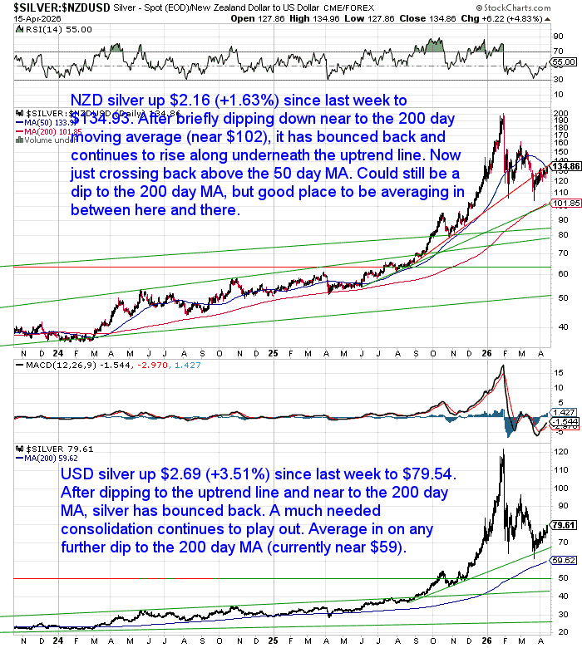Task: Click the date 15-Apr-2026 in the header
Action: (x=24, y=18)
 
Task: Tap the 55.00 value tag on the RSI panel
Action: (x=564, y=62)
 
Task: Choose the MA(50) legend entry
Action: (x=50, y=122)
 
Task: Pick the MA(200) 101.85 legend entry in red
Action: (x=52, y=131)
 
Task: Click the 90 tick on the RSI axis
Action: (x=559, y=37)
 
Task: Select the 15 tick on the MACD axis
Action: (x=559, y=374)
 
